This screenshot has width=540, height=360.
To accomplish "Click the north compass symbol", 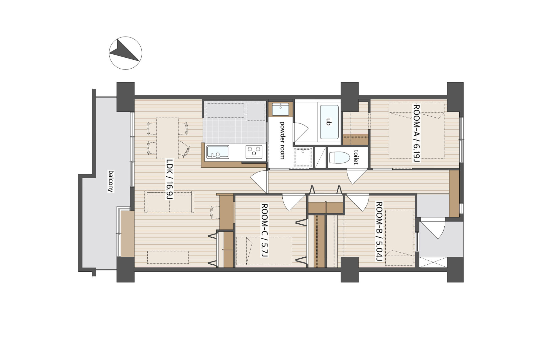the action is [x=125, y=53].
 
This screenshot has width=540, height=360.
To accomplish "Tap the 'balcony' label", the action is [x=111, y=181].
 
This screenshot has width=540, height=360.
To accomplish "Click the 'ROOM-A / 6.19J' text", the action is [x=416, y=133].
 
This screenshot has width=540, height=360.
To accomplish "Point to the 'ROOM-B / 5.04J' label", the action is [x=379, y=231].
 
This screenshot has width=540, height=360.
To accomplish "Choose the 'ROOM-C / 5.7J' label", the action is [x=264, y=230].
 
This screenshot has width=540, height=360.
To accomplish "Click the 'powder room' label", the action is [x=282, y=140].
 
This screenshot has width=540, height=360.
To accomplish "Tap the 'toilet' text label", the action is [x=356, y=157].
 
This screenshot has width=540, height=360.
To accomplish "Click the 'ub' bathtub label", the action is [x=328, y=122].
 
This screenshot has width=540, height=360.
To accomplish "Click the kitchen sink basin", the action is [x=218, y=152].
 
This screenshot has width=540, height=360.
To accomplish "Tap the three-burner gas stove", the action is [x=254, y=152].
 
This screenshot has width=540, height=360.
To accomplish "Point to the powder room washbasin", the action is [x=280, y=109].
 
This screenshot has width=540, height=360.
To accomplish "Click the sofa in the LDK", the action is [x=169, y=202].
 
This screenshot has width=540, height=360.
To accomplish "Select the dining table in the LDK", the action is [x=167, y=138].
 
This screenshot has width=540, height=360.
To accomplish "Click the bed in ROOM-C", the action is [x=264, y=251].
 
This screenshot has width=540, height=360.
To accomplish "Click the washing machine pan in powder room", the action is [x=303, y=157].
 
